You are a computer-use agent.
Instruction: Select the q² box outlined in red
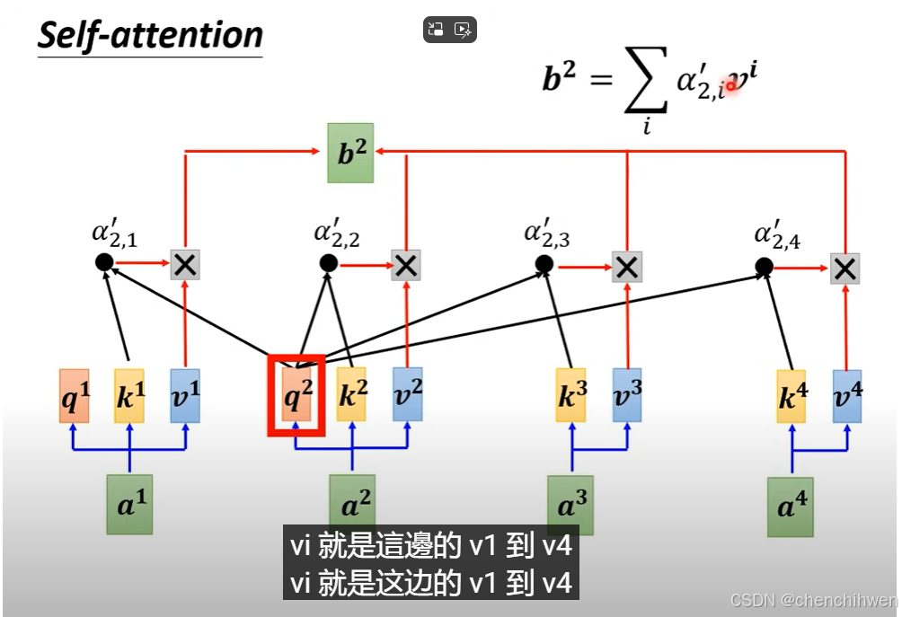click(296, 395)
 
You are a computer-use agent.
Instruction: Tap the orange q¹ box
click(75, 396)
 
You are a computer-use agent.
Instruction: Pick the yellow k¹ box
click(129, 396)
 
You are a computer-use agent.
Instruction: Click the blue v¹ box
click(185, 396)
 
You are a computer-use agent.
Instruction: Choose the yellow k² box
click(351, 395)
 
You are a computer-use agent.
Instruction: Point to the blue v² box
click(407, 395)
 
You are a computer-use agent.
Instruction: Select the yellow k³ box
click(571, 395)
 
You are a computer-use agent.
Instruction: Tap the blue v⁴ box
click(846, 396)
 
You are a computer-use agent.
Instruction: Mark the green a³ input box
click(571, 505)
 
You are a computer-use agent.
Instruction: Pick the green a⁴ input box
click(791, 507)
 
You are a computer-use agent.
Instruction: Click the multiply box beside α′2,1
click(185, 264)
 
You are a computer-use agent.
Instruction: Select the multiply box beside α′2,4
click(845, 267)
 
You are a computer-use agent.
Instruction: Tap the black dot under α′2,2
click(329, 263)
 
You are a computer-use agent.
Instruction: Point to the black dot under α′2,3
click(544, 264)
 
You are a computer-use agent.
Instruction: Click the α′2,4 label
click(776, 238)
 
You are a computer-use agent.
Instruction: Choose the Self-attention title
click(150, 36)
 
